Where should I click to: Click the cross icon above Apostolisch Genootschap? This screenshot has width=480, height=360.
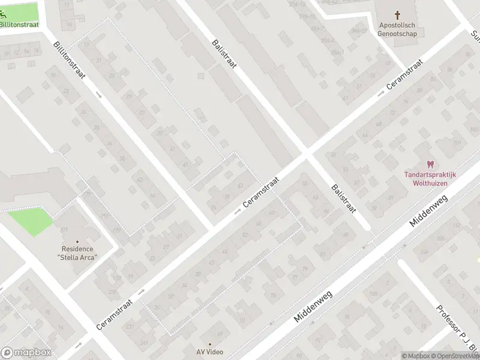click(x=397, y=14)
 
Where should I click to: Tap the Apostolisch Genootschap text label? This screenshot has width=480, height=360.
click(x=397, y=29)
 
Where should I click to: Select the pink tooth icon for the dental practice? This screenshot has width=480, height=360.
click(x=430, y=164)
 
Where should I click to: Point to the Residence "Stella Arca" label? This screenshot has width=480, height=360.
click(x=77, y=253)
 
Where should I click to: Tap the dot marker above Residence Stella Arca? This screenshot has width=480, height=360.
click(x=77, y=241)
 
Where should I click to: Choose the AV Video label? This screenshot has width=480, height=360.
click(x=209, y=352)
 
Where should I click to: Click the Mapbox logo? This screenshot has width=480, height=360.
click(x=26, y=353)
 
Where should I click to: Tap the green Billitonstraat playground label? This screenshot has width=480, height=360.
click(x=19, y=25)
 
